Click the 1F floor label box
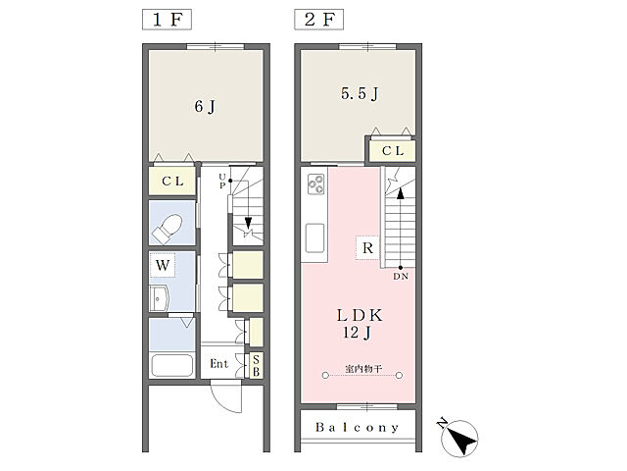(x=167, y=20)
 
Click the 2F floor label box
(x=318, y=20)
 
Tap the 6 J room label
(x=205, y=107)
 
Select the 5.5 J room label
(x=360, y=94)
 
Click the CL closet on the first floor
(x=172, y=181)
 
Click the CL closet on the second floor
(x=393, y=151)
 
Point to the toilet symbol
(x=168, y=229)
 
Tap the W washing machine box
(x=163, y=265)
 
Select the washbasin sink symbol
(x=160, y=298)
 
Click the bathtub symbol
(x=172, y=365)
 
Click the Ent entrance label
(x=219, y=364)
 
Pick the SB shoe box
(x=256, y=365)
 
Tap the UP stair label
(x=222, y=181)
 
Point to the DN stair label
(x=401, y=277)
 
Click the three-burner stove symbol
(x=315, y=184)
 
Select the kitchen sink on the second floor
(x=314, y=237)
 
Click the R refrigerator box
(x=367, y=248)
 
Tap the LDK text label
(x=360, y=316)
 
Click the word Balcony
(x=357, y=428)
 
